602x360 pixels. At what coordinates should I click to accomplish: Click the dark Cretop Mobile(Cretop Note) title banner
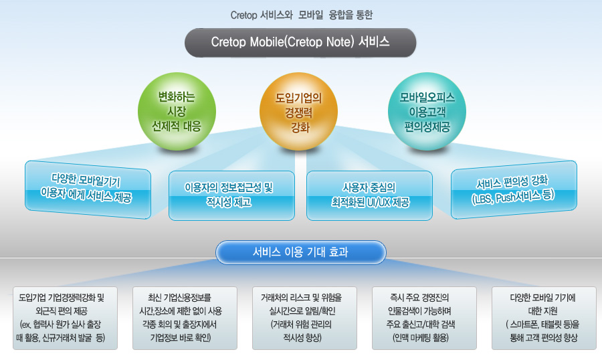point(300,42)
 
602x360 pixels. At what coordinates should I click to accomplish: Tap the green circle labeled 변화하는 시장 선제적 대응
point(177,112)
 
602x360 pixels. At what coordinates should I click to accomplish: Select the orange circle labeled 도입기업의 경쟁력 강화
point(299,112)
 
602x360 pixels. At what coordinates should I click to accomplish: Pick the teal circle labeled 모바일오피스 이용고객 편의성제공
point(427,112)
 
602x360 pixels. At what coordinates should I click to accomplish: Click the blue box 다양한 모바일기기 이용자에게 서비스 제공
point(88,189)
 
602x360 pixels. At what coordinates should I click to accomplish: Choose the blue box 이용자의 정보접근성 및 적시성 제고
point(231,195)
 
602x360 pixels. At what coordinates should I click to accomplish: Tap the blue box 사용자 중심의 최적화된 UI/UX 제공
point(369,195)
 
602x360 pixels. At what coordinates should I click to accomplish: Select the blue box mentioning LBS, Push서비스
point(514,189)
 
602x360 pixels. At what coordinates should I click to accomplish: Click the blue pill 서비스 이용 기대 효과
point(300,252)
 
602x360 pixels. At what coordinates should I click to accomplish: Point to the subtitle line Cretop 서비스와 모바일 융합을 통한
point(302,15)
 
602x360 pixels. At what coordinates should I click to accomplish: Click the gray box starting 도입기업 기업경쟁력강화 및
point(66,318)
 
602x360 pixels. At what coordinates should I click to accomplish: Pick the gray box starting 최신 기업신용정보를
point(185,318)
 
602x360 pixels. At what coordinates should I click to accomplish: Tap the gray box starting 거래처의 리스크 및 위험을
point(304,318)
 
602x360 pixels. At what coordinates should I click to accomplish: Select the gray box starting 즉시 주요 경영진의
point(424,318)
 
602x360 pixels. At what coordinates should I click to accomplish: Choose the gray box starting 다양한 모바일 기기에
point(544,318)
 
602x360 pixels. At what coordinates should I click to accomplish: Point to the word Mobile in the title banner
point(266,42)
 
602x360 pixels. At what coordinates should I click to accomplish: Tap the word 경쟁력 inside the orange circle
point(298,113)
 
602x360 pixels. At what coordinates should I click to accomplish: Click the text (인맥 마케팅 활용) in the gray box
point(421,338)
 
